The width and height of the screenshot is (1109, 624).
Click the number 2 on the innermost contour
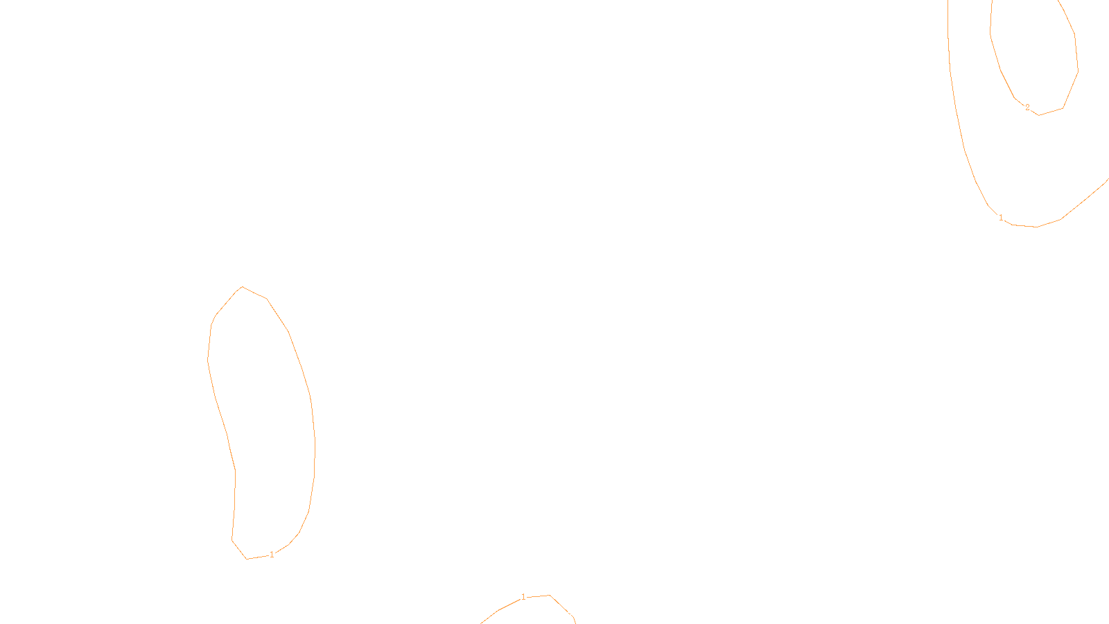coord(1027,107)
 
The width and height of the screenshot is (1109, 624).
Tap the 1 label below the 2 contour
coord(1001,218)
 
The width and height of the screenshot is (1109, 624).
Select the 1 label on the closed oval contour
coord(272,555)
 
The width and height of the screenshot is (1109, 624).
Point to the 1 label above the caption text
coord(523,597)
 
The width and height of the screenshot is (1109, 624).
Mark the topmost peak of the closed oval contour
coord(242,286)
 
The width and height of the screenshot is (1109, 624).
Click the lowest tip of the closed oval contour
coord(247,559)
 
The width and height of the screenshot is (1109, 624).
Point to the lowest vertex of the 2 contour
coord(1039,115)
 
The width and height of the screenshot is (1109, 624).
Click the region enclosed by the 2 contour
coord(1036,55)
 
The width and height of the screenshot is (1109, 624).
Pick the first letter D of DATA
coord(579,613)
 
